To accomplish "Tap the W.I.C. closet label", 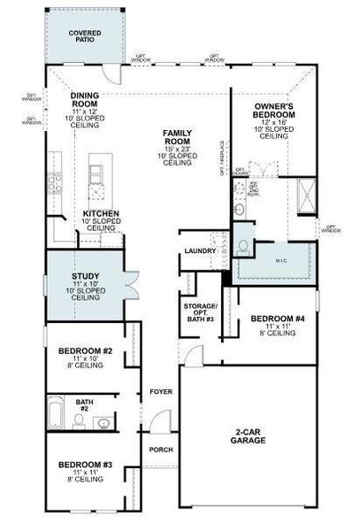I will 272,260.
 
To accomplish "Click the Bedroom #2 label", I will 85,351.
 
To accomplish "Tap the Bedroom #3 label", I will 85,465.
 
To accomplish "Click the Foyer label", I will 160,389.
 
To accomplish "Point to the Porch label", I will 160,450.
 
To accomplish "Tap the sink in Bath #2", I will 103,424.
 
